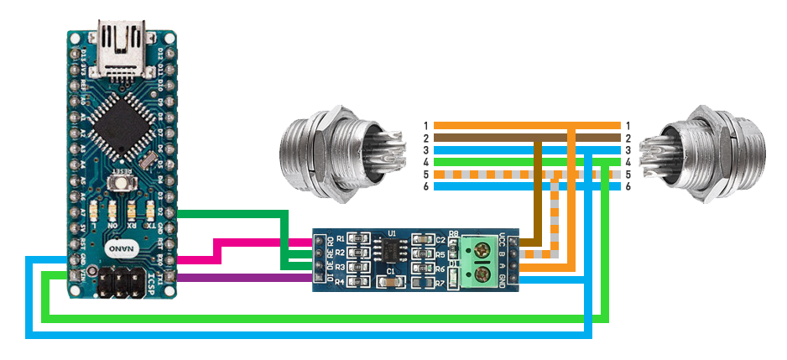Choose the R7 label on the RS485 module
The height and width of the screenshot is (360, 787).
pos(440,283)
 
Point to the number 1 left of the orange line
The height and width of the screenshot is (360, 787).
pos(426,126)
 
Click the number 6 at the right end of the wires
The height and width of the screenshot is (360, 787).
pos(628,186)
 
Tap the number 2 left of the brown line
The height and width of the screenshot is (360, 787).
pos(426,138)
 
